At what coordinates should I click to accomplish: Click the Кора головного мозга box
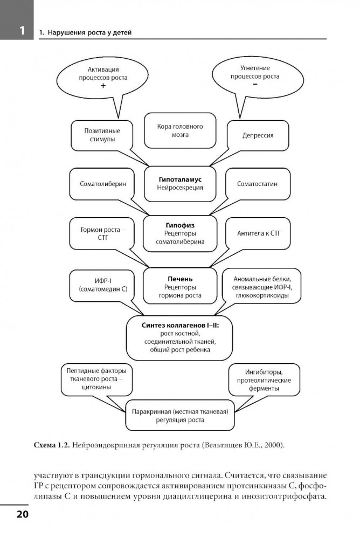tap(179, 130)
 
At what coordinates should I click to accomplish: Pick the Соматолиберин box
tap(103, 184)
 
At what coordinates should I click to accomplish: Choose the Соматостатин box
tap(257, 184)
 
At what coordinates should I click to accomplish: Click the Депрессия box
tap(257, 135)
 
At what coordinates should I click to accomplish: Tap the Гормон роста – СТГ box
tap(103, 232)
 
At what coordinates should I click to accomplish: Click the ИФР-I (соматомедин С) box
tap(103, 286)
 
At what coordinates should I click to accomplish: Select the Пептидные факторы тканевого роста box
tap(96, 379)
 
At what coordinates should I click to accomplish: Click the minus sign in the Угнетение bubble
tap(255, 85)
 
